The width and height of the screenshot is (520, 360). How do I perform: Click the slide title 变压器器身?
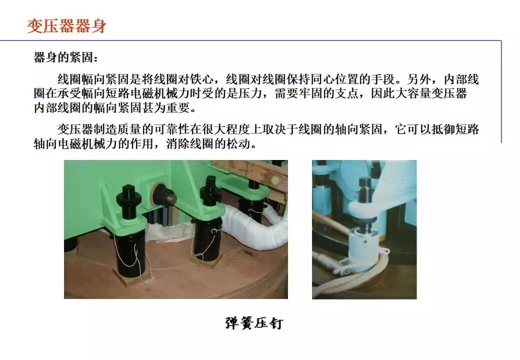click(66, 25)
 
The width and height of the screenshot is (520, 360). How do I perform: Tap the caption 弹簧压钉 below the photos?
click(253, 323)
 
